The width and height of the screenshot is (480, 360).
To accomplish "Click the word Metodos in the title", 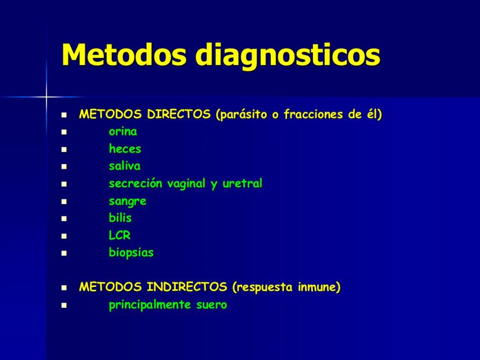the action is click(124, 54).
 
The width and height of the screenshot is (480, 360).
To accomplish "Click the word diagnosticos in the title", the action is click(288, 57).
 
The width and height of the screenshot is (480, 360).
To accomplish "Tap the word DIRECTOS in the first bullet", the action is click(179, 114).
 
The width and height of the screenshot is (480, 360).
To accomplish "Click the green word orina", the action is click(123, 132).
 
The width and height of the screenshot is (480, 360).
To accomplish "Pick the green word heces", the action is click(125, 149).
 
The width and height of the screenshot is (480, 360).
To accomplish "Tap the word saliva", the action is click(125, 166).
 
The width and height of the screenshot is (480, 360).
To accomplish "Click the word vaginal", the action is click(186, 184).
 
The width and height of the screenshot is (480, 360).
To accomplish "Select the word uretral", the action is click(242, 183).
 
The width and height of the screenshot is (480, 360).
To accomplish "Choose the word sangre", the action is click(128, 202).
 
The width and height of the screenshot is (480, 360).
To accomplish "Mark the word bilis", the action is click(120, 217).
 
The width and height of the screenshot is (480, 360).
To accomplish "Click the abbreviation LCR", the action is click(119, 235).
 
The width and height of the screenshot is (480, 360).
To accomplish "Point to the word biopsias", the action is click(131, 253).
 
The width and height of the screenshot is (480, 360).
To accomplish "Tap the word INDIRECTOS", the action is click(187, 287).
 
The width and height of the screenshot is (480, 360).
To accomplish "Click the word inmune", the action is click(319, 287).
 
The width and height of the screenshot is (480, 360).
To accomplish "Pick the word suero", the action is click(212, 305).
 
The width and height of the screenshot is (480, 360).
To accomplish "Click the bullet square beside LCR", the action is click(64, 236).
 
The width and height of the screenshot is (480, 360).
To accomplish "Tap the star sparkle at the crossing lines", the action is click(46, 97).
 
